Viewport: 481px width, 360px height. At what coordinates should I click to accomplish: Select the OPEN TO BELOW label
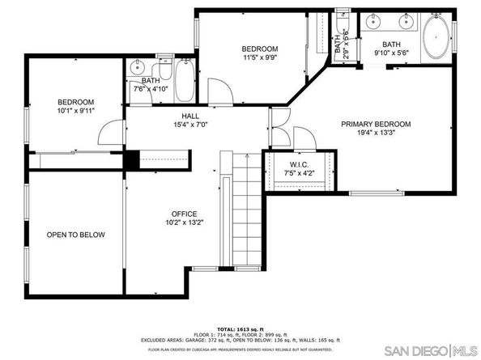pos(75,235)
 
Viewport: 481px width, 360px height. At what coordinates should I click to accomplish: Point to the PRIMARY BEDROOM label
pos(375,124)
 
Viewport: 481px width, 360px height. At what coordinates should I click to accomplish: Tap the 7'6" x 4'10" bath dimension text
pos(151,88)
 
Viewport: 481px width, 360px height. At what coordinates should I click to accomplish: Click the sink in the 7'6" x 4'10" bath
pos(137,67)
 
